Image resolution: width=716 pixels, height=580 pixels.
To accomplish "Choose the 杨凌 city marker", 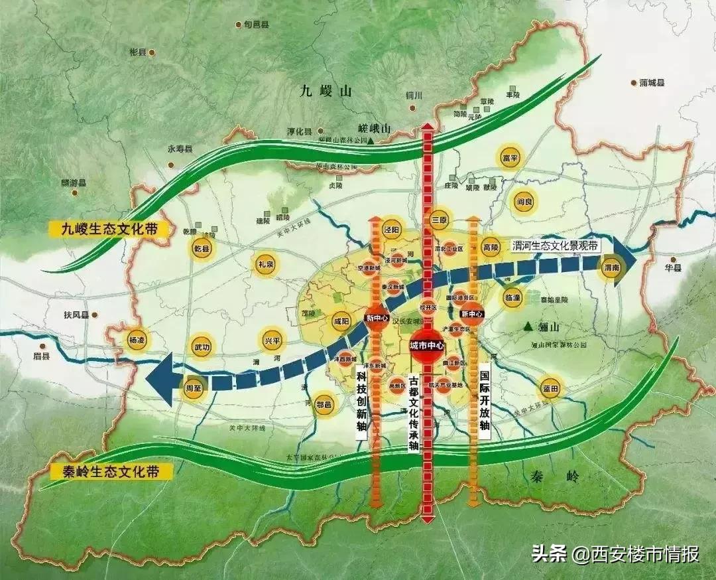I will click(x=137, y=340).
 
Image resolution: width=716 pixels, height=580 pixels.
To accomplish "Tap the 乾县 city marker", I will click(x=202, y=250).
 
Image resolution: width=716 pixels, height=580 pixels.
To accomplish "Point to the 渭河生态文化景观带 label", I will click(x=556, y=246).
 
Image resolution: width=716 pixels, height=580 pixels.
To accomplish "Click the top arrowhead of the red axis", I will click(x=428, y=127).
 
